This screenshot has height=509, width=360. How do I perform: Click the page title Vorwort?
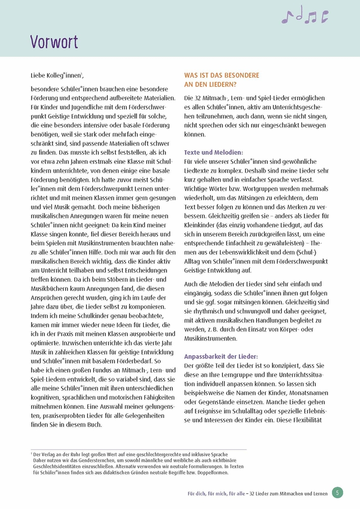(54, 41)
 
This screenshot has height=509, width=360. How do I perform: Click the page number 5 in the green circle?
(338, 492)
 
